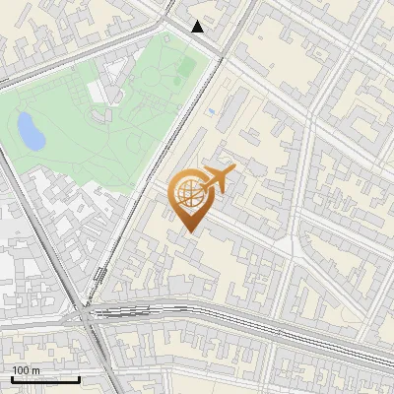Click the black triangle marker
(198, 27)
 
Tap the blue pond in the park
(30, 129)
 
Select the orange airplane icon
(218, 180)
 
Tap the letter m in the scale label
(36, 370)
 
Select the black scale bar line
(45, 379)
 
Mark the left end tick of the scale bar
(12, 377)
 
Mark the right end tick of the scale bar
(79, 377)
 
